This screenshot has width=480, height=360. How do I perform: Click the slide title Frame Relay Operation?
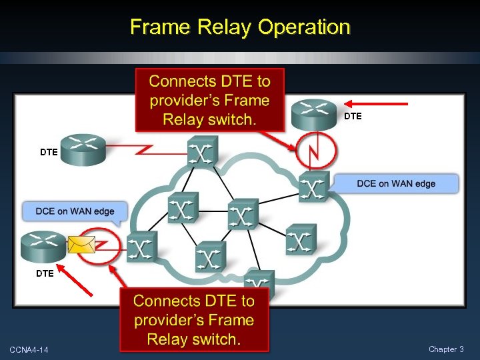(240, 27)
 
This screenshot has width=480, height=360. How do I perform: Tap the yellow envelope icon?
(81, 245)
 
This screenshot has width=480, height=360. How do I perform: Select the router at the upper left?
(84, 150)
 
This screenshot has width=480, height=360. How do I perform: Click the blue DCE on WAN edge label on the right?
(396, 183)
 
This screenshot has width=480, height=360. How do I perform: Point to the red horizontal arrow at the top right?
(379, 104)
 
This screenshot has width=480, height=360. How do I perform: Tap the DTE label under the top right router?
(353, 116)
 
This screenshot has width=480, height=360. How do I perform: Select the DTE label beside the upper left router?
(49, 152)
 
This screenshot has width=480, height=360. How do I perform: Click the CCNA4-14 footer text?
(29, 350)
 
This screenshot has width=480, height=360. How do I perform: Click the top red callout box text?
(209, 101)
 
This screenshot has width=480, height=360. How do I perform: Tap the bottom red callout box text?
(194, 320)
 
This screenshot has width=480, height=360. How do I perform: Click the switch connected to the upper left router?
(201, 151)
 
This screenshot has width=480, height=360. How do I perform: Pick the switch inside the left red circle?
(141, 247)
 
